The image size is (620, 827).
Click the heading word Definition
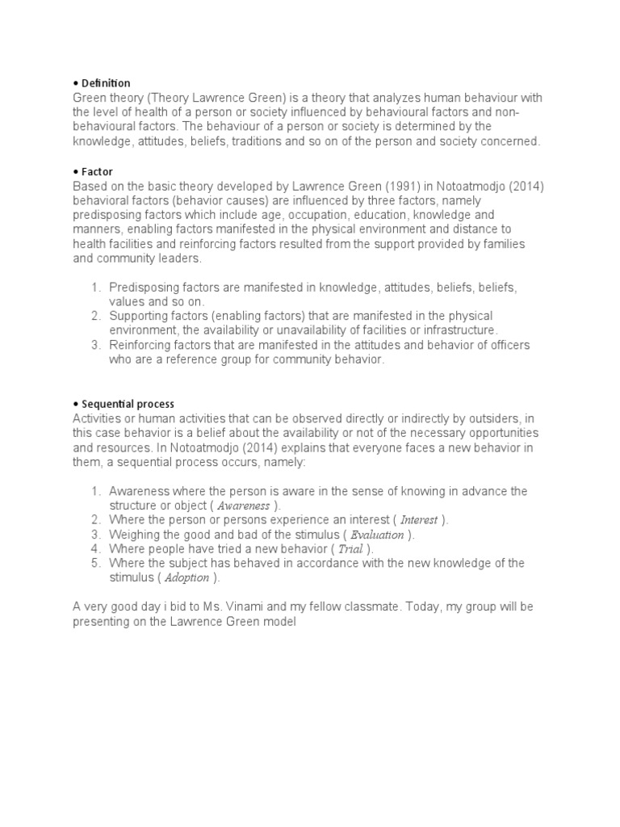point(104,83)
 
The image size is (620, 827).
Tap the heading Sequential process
point(127,404)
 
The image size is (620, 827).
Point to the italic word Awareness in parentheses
point(245,506)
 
